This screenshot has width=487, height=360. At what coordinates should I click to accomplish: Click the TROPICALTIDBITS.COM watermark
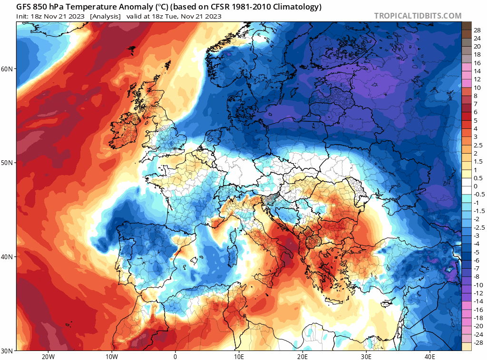pos(418,16)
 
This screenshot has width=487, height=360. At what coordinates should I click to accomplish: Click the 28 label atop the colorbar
pos(477,30)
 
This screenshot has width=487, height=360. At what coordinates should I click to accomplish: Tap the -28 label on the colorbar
pos(477,342)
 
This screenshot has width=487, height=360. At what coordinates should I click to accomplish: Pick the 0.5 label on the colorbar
pos(478,178)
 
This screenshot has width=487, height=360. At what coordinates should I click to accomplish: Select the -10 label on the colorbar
pos(477,285)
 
